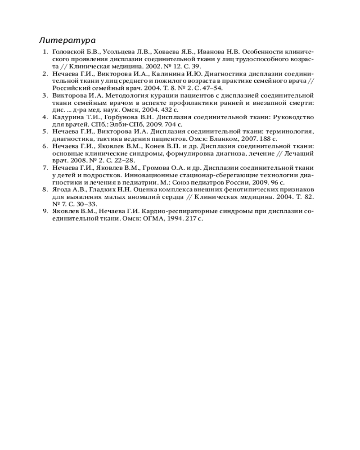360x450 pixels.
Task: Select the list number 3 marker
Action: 45,95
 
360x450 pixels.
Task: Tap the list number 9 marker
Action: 45,211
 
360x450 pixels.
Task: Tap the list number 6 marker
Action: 45,146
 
